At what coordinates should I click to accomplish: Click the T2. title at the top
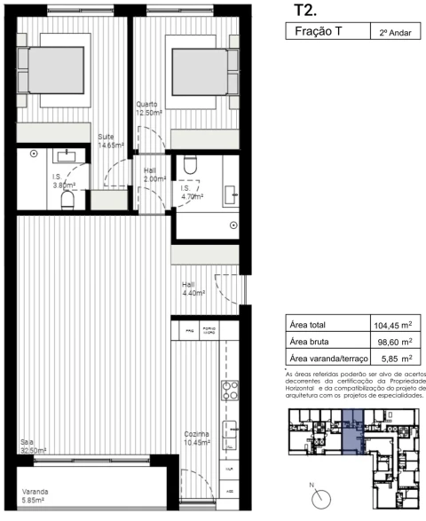pyautogui.click(x=305, y=10)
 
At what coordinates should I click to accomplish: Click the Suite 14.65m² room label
pyautogui.click(x=110, y=140)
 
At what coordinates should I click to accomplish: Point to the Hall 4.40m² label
pyautogui.click(x=193, y=288)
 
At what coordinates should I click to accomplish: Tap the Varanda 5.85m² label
pyautogui.click(x=35, y=496)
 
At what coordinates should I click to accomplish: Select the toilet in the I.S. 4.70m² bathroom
pyautogui.click(x=189, y=166)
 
